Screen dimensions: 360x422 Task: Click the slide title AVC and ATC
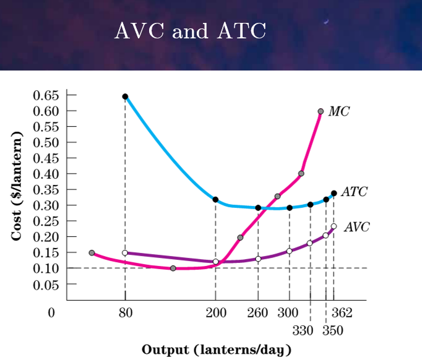click(x=190, y=30)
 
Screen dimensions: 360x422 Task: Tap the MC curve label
click(x=338, y=111)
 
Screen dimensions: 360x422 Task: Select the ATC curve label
click(x=354, y=192)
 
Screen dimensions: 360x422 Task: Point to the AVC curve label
click(x=356, y=227)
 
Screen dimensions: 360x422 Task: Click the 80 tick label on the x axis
click(x=125, y=312)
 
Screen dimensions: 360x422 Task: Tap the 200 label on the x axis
click(x=215, y=312)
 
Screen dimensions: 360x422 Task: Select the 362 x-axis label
click(x=342, y=312)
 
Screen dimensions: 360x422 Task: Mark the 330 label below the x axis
click(x=303, y=330)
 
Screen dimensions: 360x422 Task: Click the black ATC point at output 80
click(x=125, y=96)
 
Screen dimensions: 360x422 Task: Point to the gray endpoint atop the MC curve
click(x=321, y=111)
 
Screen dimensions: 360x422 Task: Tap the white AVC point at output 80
click(x=125, y=253)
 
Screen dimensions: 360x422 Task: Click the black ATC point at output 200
click(x=215, y=199)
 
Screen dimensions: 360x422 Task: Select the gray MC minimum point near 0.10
click(x=173, y=268)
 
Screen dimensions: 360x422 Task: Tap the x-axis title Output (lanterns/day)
click(x=216, y=349)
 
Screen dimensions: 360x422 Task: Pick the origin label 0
click(x=51, y=312)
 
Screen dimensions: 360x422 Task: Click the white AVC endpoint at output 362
click(x=334, y=226)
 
